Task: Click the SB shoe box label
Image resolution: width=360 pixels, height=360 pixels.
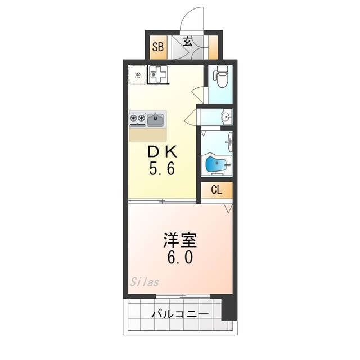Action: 157,47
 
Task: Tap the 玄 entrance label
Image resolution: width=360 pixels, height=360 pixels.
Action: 187,42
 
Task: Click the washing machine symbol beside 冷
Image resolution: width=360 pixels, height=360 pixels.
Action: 158,74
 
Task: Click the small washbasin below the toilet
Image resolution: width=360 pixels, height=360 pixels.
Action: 224,117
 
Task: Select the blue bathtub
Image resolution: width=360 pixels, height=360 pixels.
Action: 215,164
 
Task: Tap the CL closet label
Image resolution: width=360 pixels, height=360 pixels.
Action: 217,190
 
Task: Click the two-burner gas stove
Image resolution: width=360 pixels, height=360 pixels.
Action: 137,119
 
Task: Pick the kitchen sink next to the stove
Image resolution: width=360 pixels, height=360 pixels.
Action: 156,119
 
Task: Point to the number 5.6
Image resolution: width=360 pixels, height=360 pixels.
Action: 163,169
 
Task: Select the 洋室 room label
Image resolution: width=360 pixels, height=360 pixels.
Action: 179,241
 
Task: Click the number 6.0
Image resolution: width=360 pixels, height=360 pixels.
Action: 179,258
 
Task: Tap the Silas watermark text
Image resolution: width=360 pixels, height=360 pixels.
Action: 145,281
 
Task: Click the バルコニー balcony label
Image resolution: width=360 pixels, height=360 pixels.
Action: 180,314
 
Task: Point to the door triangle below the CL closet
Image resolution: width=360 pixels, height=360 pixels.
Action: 227,208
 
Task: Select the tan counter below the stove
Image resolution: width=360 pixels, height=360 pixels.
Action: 148,134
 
